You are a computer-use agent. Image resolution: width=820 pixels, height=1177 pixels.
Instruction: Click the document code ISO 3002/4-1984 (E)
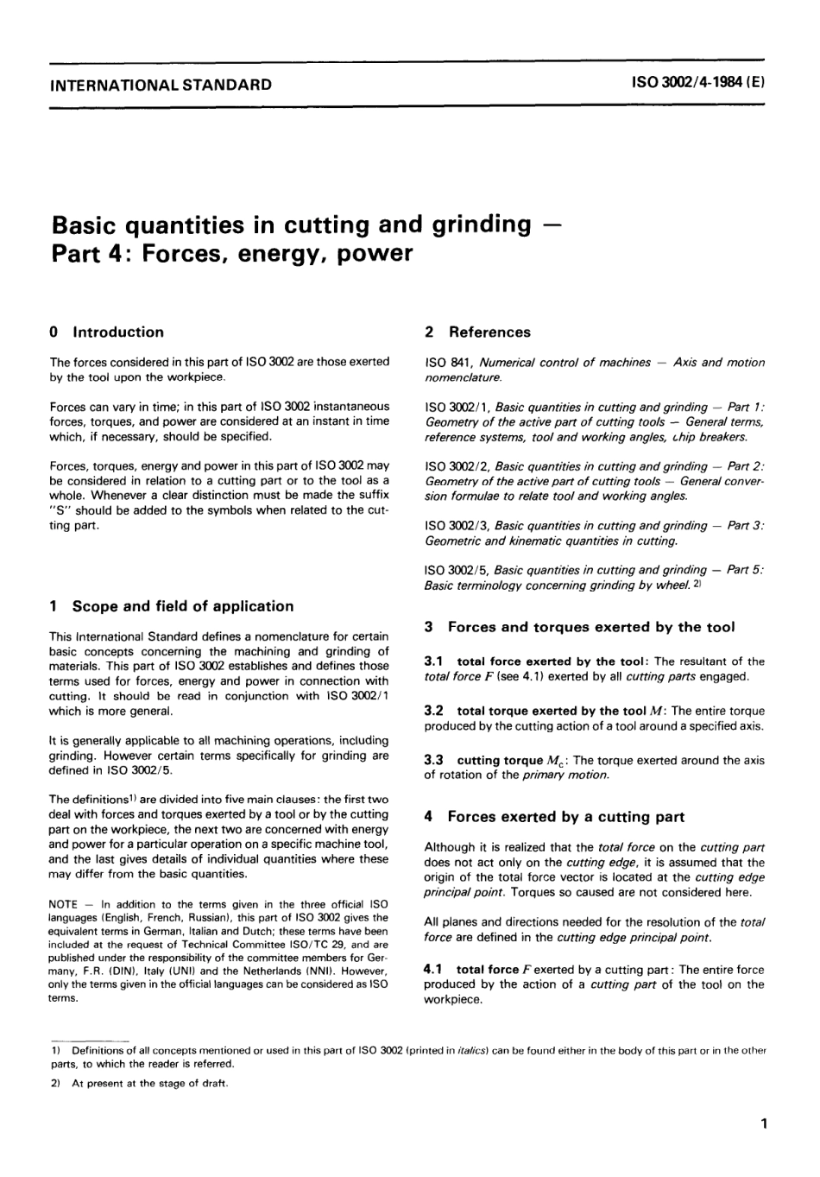click(699, 85)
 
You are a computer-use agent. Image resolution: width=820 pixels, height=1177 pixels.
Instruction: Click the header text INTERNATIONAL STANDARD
click(161, 85)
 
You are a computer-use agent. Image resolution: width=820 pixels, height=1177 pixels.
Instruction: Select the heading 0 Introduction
click(107, 332)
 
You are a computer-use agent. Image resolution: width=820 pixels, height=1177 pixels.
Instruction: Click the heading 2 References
click(477, 332)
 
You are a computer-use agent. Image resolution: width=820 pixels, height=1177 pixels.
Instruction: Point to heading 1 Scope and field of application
click(172, 606)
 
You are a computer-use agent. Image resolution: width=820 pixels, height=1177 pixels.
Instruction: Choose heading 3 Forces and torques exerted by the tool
click(579, 628)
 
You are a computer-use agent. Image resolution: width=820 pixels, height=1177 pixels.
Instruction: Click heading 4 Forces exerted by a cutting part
click(554, 816)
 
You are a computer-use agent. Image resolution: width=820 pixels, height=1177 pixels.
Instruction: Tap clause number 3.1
click(434, 661)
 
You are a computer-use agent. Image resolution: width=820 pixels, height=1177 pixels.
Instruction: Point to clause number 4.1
click(434, 970)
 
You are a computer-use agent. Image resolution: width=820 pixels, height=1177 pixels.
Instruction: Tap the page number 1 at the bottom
click(763, 1123)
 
